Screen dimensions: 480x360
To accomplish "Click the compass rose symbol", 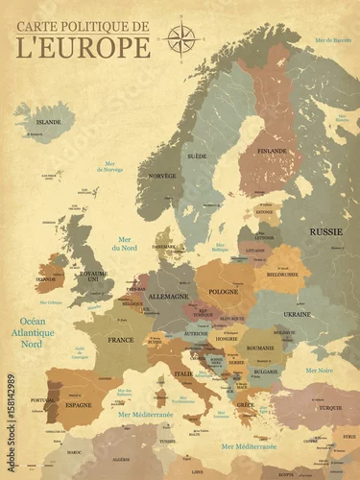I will [x=180, y=39].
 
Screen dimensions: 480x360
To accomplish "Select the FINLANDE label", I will [x=273, y=151].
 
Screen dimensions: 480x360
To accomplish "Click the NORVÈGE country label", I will [x=162, y=177].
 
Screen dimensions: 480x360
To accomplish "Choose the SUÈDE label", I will [x=197, y=155].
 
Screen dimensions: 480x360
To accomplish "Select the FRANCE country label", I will [x=121, y=340].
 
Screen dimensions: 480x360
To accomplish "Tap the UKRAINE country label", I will [x=297, y=314].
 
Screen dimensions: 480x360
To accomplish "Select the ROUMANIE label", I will [x=259, y=348].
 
